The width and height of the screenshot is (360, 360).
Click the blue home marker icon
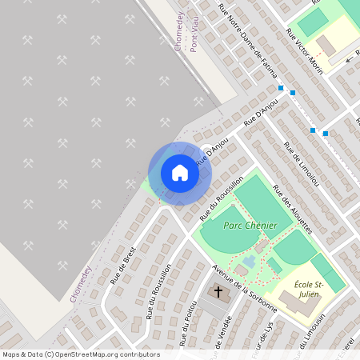[x=180, y=173]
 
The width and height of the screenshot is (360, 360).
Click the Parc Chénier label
[x=250, y=226]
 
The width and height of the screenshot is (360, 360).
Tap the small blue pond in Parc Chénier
[x=250, y=262]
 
